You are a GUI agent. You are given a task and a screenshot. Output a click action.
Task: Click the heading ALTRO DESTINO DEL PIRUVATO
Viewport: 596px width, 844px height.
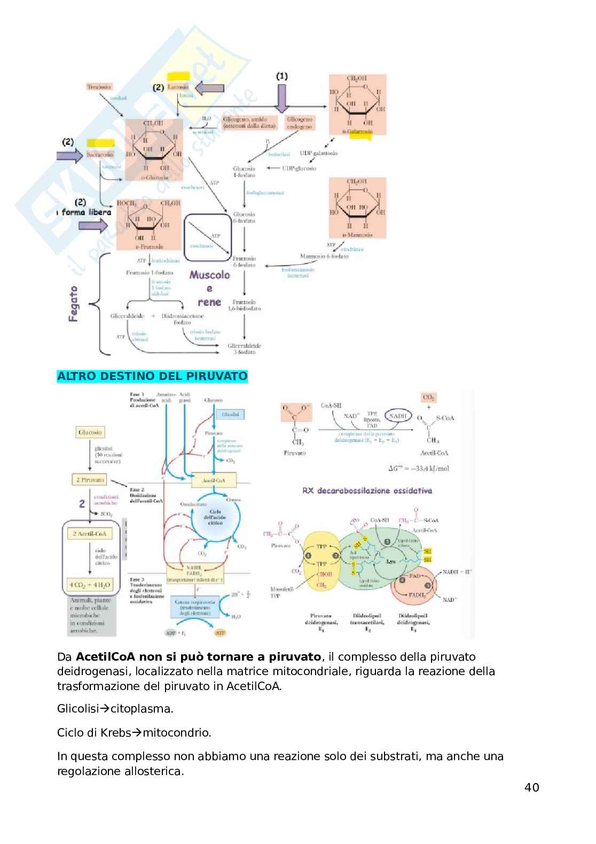point(152,376)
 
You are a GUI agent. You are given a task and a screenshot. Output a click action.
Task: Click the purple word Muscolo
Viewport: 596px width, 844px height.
point(209,275)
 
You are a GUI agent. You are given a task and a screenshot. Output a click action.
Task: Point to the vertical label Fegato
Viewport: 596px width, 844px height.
point(74,304)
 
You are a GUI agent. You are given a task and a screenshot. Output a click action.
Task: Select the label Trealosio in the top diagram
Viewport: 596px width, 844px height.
point(99,86)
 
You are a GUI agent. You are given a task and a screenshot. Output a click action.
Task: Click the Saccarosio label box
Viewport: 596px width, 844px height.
point(100,154)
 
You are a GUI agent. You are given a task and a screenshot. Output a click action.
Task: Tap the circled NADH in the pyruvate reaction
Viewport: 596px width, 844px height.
point(397,416)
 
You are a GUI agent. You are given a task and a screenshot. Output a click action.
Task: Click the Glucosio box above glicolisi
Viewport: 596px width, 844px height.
point(90,432)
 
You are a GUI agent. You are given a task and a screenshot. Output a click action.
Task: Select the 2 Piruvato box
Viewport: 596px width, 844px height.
point(90,479)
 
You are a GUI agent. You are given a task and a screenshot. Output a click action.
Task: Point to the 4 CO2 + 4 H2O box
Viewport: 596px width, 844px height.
point(90,585)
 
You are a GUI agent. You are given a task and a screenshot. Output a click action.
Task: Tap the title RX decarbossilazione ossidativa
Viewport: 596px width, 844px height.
point(367,491)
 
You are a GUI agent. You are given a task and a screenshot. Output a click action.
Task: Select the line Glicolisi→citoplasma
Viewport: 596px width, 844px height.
point(115,709)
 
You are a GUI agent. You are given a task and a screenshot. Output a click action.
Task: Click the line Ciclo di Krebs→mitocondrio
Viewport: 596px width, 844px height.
point(134,732)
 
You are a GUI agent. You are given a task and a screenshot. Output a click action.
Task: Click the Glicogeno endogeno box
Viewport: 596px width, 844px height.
point(299,123)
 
